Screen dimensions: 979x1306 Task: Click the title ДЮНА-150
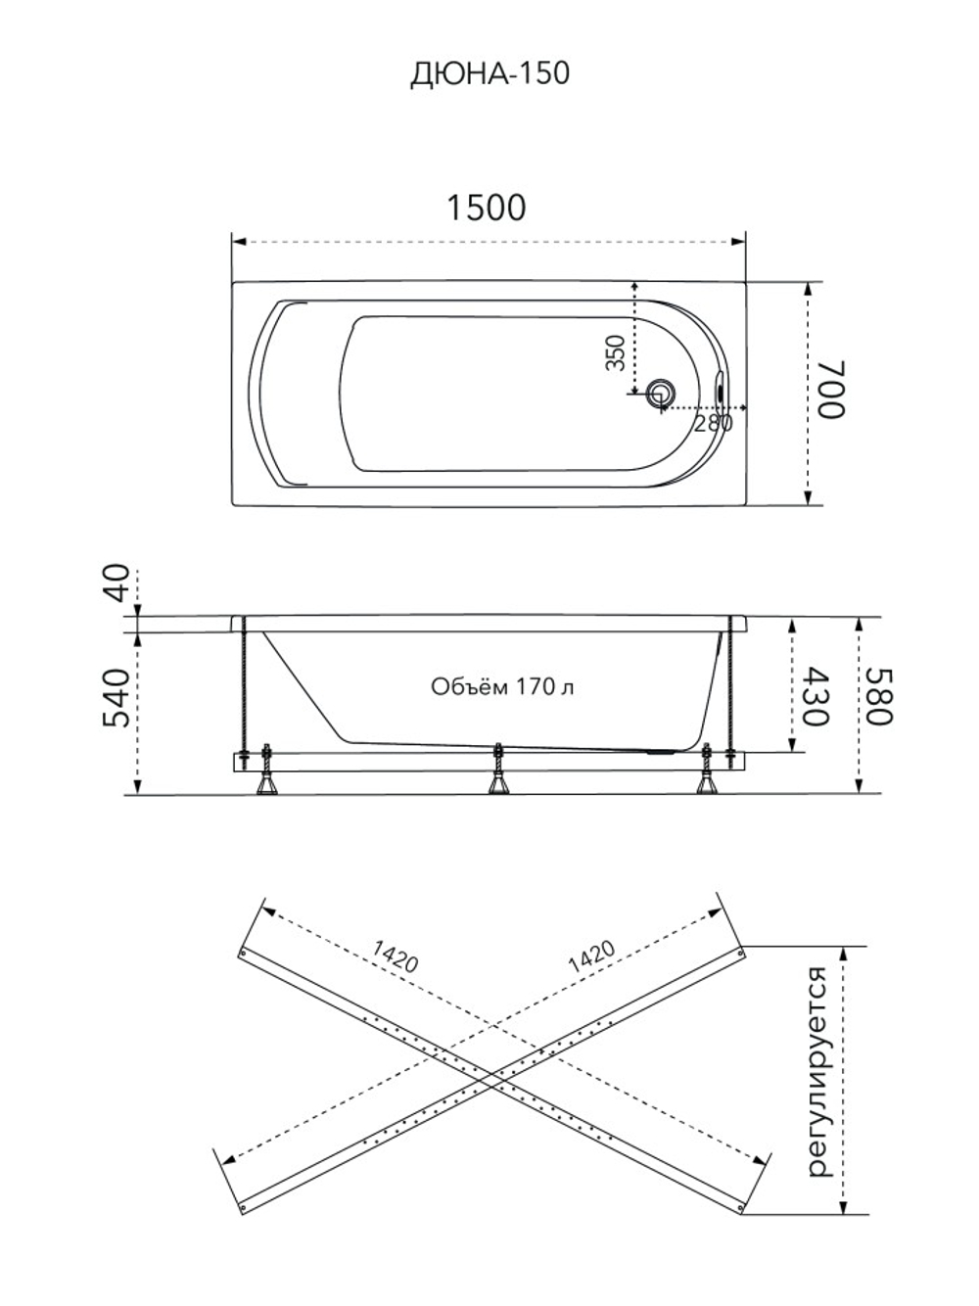[x=489, y=74]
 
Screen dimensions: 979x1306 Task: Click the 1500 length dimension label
[x=486, y=208]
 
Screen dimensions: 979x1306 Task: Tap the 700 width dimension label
[x=831, y=390]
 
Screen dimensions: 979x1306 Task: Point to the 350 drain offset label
[x=616, y=352]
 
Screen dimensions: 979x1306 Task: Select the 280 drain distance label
[x=713, y=423]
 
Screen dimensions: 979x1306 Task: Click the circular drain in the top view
[x=660, y=395]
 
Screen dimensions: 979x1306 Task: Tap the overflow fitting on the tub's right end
[x=720, y=391]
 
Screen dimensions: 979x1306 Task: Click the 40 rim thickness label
[x=117, y=583]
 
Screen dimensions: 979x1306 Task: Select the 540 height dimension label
[x=117, y=698]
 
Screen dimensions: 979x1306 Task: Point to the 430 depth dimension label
[x=815, y=696]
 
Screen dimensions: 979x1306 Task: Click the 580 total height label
[x=879, y=696]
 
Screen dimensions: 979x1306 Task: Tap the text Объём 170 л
[x=502, y=687]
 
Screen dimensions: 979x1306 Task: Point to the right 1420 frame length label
[x=591, y=956]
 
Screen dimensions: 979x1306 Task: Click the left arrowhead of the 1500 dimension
[x=239, y=242]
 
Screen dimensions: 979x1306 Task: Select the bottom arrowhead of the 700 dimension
[x=808, y=497]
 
